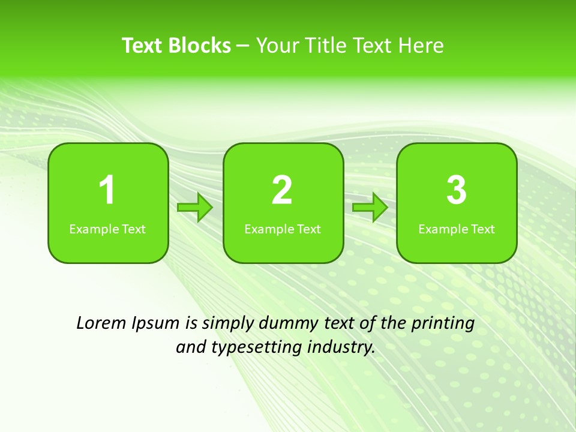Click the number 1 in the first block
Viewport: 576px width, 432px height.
coord(107,190)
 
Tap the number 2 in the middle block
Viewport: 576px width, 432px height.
coord(282,190)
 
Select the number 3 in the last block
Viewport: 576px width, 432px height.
coord(457,190)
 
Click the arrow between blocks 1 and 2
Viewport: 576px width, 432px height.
coord(195,208)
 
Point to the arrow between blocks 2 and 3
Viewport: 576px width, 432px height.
coord(370,208)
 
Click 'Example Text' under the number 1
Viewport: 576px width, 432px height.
coord(107,229)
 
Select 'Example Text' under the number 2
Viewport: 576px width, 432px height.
coord(283,229)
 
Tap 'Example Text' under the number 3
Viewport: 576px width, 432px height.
coord(457,229)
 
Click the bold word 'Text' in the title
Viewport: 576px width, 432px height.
coord(142,46)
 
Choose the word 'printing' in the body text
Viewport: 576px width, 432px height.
coord(443,324)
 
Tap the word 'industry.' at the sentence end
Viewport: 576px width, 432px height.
coord(341,347)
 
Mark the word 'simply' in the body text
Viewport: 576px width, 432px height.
coord(227,324)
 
